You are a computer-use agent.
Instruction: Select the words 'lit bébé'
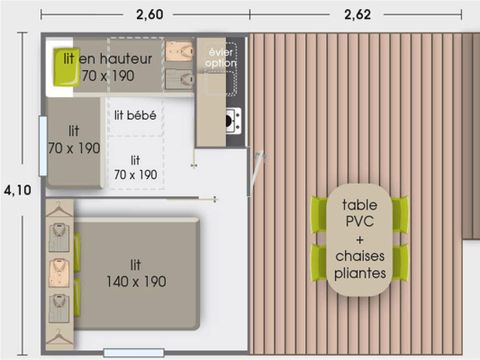(x=134, y=114)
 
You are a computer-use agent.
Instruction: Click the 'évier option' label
(x=220, y=57)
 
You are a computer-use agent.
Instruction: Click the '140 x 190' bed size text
(x=136, y=281)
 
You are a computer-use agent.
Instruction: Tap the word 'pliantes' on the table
(x=360, y=273)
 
